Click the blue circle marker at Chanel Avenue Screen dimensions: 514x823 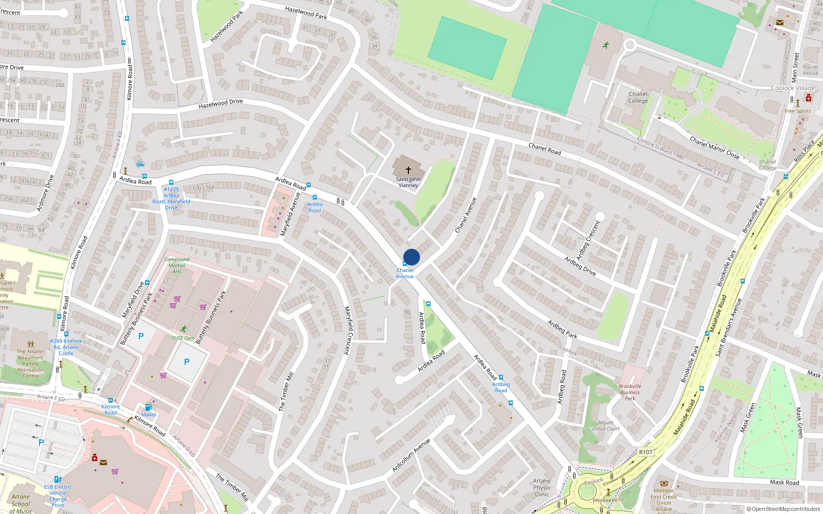click(411, 257)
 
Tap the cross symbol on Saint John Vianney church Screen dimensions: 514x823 click(408, 170)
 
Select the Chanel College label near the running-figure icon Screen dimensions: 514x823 click(638, 97)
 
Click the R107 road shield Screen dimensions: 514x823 click(646, 452)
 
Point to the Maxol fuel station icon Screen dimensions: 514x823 click(148, 407)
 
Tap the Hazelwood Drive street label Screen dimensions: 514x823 click(221, 103)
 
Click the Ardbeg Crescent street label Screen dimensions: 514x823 click(588, 240)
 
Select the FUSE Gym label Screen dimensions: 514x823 click(183, 338)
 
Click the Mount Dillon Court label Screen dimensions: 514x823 click(606, 426)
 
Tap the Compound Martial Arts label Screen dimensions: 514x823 click(177, 265)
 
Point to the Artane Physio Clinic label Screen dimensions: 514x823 click(542, 487)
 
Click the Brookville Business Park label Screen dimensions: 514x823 click(630, 392)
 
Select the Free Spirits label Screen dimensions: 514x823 click(798, 111)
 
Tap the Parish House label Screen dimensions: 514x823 click(811, 70)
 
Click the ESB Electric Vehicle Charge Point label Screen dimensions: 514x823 click(58, 495)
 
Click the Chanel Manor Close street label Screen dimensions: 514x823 click(714, 148)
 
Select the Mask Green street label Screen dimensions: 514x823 click(747, 418)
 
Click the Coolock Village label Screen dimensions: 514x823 click(793, 88)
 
